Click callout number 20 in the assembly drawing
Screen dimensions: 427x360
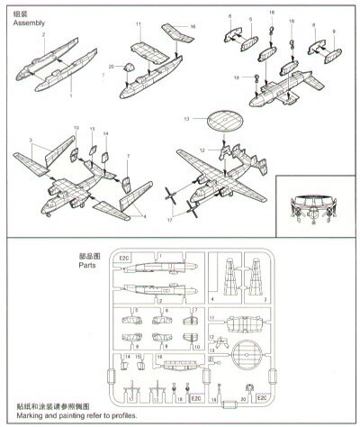click(x=112, y=68)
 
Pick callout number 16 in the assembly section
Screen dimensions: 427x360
click(x=193, y=28)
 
